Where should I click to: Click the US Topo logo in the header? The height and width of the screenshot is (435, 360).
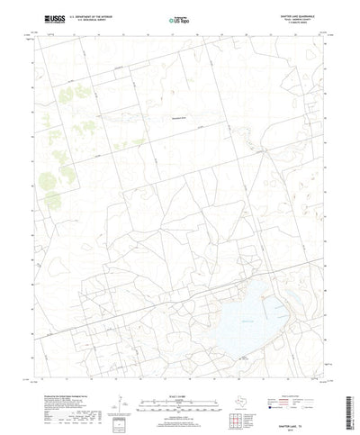point(179,19)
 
